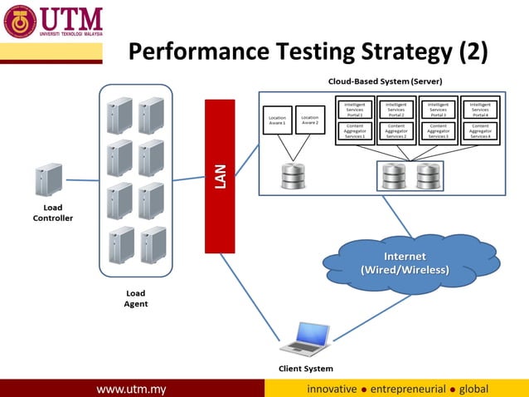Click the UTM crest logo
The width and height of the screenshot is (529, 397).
(21, 22)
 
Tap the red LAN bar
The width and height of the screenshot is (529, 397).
(221, 175)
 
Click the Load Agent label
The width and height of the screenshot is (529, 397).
(135, 298)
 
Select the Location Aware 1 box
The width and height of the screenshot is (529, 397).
(277, 120)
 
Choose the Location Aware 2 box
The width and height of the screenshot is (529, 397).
(309, 120)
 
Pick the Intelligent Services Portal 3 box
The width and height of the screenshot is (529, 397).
(439, 110)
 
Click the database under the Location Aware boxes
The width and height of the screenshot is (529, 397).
(294, 175)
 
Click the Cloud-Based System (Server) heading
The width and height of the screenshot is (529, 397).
(384, 81)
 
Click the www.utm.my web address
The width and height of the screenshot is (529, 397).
(132, 389)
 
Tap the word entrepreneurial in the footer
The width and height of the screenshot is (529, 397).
(408, 389)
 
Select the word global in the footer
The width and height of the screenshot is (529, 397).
(473, 389)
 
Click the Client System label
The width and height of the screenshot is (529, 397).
(306, 368)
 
